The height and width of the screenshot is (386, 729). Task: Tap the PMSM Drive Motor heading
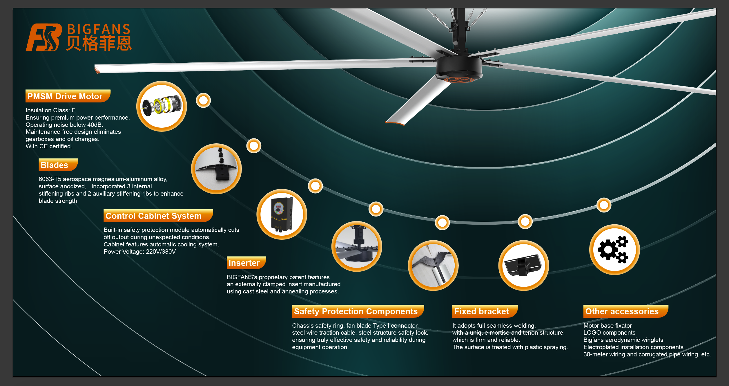coord(65,96)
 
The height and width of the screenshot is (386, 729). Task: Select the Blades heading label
coord(55,165)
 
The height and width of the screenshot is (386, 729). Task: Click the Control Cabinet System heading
coord(153,216)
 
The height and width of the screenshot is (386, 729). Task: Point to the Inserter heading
coord(244,263)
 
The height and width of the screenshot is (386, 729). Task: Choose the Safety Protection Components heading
coord(356,311)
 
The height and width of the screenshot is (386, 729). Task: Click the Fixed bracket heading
coord(481,311)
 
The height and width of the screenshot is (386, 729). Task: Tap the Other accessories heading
coord(622,311)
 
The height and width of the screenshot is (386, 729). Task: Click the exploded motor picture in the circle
coord(162,106)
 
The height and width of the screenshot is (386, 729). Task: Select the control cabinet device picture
coord(282,214)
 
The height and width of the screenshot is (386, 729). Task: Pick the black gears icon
coord(614,250)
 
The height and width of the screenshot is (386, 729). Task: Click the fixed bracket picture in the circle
coord(523,265)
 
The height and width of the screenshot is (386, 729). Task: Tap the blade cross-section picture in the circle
coord(216,169)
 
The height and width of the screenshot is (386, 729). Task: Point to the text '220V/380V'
coord(161,252)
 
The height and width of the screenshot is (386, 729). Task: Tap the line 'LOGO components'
coord(609,333)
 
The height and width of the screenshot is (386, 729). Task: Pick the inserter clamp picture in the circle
coord(433,265)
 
